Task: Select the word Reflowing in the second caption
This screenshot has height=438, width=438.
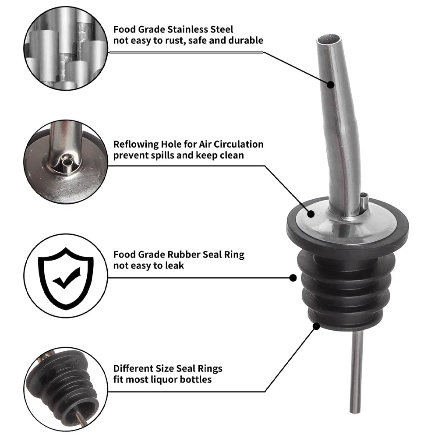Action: pos(136,145)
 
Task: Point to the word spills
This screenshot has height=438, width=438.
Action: pos(163,155)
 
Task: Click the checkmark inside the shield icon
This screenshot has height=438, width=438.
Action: pos(67,278)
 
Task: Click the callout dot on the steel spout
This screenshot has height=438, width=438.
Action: pos(330,85)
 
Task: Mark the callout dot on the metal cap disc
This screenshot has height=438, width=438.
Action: pos(311,214)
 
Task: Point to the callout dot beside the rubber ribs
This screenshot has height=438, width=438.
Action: pos(293,278)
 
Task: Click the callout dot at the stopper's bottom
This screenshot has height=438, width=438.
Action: pos(316,326)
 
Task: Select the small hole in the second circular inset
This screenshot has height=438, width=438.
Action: pos(67,162)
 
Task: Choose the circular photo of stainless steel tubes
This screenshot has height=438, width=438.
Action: pos(66,48)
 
